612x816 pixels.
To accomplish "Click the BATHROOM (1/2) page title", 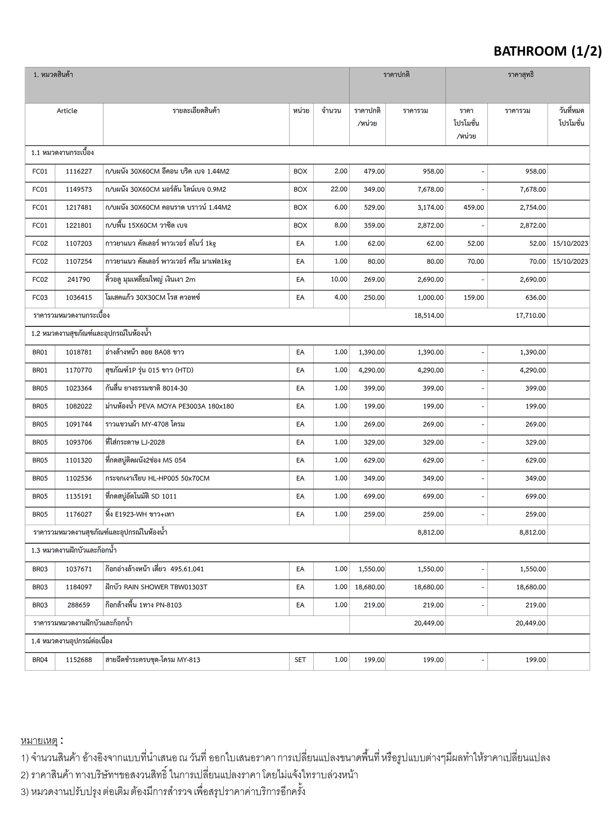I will pos(547,51).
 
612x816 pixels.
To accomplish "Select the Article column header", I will pos(67,111).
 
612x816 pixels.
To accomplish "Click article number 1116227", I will pos(78,171).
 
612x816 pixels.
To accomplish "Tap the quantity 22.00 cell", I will pos(339,189).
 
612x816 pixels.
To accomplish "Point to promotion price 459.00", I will pos(474,207).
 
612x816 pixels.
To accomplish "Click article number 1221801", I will pos(78,226).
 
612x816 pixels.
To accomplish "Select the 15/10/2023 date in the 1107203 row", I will pos(570,243).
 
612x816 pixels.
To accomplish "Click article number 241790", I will pos(78,279).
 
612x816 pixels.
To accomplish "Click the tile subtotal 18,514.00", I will pos(429,316).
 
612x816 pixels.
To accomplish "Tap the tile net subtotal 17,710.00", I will pos(530,316).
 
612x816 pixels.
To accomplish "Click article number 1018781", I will pos(78,352).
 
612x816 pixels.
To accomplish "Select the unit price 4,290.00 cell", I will pos(371,370).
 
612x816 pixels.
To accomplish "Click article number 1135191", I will pos(78,496).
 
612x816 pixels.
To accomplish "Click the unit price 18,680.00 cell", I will pos(370,587).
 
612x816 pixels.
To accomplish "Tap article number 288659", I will pos(78,605).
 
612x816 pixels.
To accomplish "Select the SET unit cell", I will pos(300,660).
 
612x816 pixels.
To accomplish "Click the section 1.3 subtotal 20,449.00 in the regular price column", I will pos(429,623).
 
